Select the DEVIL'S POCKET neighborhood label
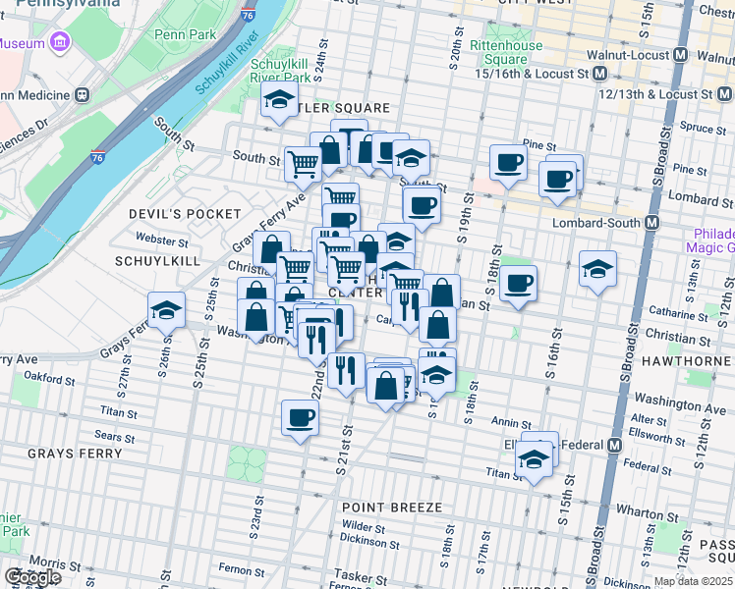tap(185, 214)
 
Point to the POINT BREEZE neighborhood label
tap(392, 508)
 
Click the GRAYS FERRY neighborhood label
tap(75, 454)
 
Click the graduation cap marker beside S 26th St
tap(167, 311)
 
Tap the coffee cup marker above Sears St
tap(301, 417)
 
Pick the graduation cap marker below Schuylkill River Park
tap(279, 99)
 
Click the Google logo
tap(32, 577)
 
